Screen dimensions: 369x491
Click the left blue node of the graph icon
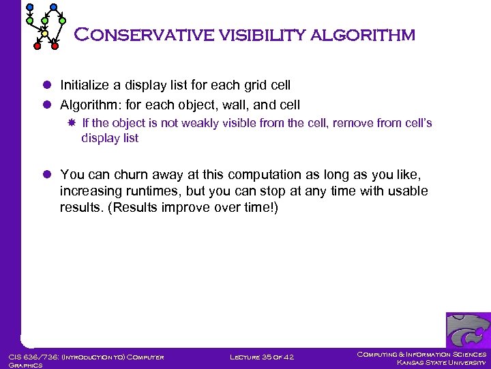[x=29, y=7]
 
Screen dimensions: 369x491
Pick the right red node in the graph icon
[x=55, y=46]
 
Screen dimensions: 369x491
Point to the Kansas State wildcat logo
[x=468, y=330]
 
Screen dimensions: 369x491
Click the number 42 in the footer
[x=291, y=357]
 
